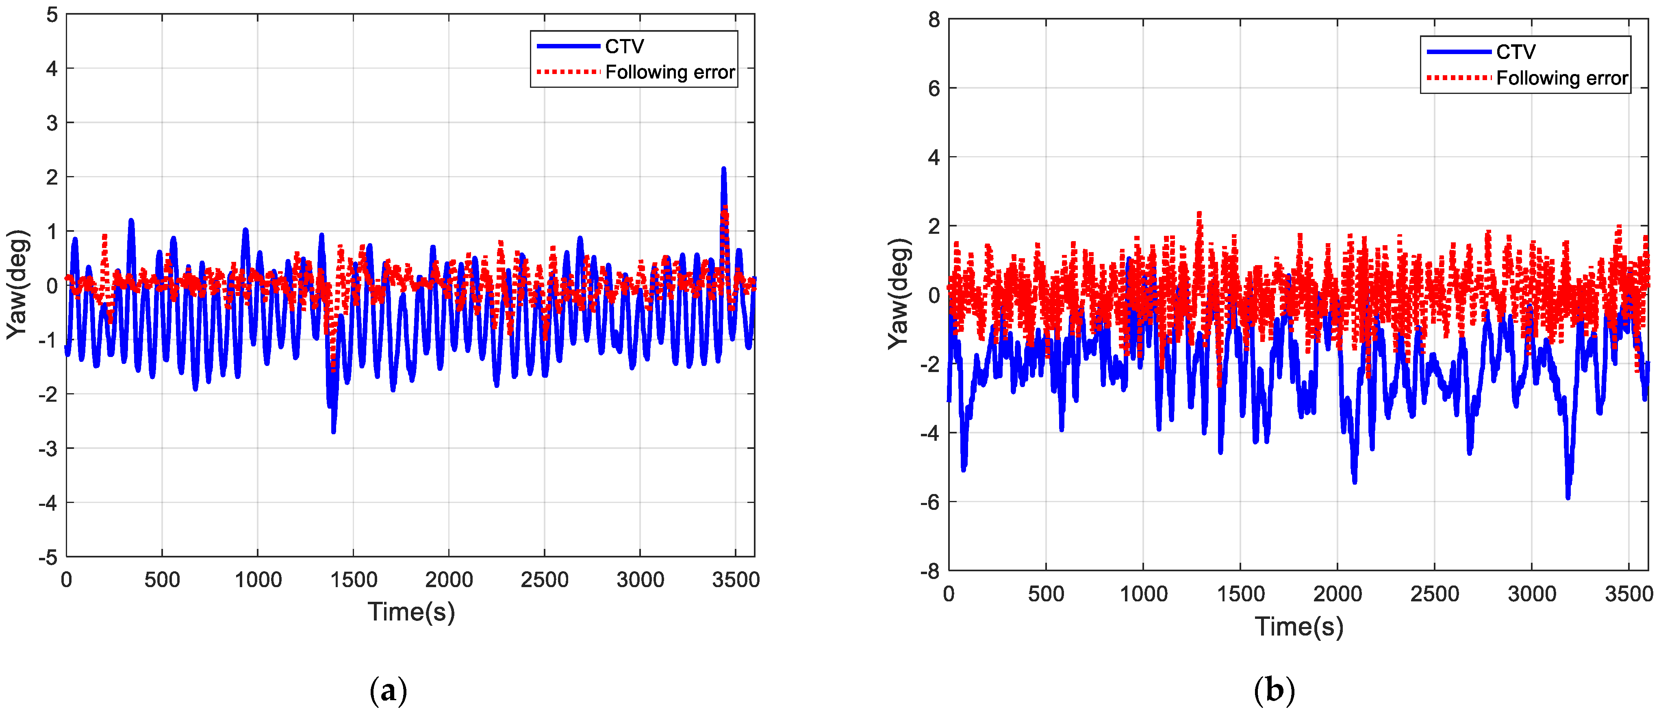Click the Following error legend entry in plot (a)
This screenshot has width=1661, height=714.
[669, 72]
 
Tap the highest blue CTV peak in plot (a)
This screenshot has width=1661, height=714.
[723, 170]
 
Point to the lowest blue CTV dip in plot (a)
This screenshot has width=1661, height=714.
[333, 431]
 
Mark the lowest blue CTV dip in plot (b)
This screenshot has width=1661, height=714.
[1568, 496]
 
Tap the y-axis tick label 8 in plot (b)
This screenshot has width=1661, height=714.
[934, 20]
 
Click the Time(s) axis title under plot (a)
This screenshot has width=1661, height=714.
[411, 612]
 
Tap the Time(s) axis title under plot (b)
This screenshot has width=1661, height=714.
[1298, 626]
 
